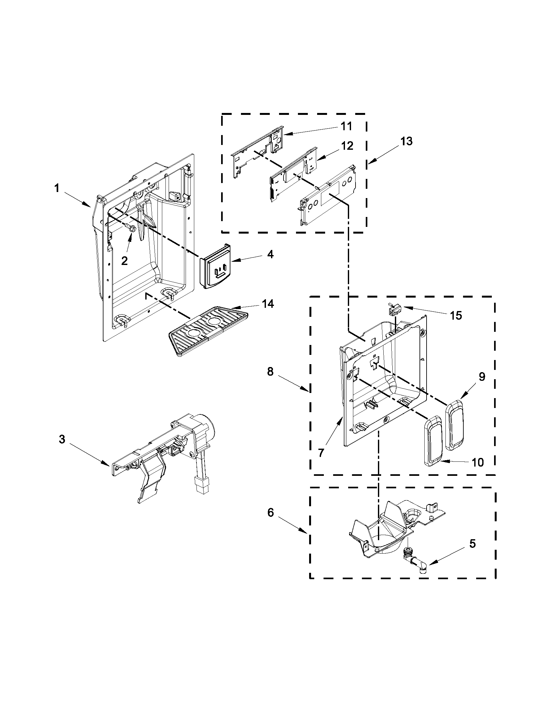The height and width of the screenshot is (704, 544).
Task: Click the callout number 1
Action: (57, 188)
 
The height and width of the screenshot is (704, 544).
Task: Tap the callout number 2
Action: (124, 261)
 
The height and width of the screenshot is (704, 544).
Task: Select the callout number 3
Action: (62, 439)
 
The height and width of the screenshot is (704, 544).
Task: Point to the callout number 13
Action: (406, 141)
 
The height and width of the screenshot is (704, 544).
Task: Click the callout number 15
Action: (456, 316)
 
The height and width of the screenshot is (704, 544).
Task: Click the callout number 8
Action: (270, 372)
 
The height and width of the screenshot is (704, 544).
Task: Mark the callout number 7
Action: (321, 453)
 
